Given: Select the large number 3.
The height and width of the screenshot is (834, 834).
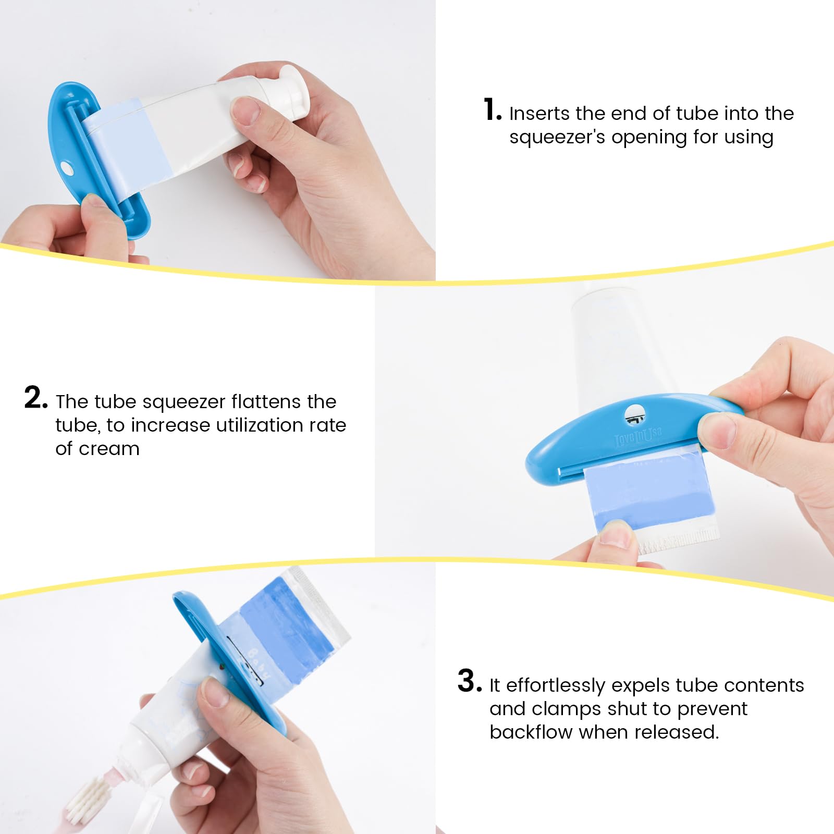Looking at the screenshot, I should click(469, 681).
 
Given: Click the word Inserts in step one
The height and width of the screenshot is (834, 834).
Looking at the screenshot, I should click(539, 114).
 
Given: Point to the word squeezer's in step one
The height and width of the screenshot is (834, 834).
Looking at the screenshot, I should click(557, 138).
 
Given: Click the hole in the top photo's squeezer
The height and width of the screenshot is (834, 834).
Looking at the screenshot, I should click(67, 168).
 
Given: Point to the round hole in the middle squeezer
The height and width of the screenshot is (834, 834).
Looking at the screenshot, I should click(634, 414).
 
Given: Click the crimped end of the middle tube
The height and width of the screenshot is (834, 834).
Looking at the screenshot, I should click(678, 542).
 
